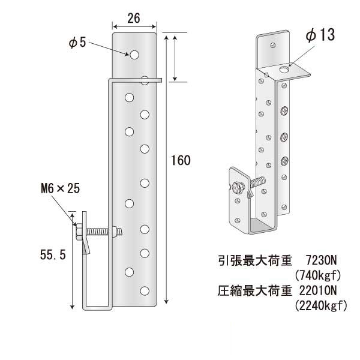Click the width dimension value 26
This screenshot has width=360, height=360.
[134, 19]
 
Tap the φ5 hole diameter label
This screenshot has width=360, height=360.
[78, 43]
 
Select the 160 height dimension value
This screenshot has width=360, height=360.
[181, 160]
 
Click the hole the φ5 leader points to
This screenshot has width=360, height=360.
[134, 55]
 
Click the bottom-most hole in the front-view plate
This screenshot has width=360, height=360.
[144, 292]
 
